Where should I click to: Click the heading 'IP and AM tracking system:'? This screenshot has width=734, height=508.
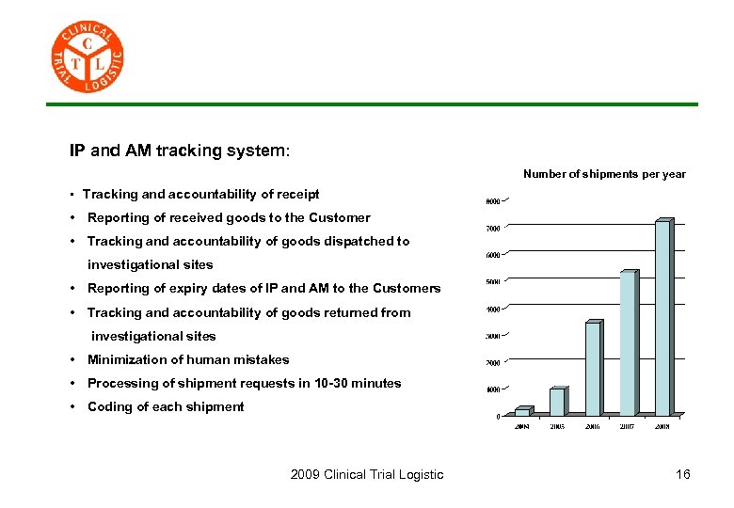point(180,151)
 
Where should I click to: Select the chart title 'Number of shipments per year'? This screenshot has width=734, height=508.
point(604,174)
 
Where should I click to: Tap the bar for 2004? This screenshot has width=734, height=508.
point(522,411)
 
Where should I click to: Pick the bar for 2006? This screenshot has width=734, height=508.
point(593,368)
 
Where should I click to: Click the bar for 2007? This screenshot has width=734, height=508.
point(628,342)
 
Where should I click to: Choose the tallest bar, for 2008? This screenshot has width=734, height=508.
point(662,318)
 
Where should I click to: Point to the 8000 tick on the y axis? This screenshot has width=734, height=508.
point(492,200)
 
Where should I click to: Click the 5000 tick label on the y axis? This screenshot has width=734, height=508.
point(492,281)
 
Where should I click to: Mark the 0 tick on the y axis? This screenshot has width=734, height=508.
point(498,416)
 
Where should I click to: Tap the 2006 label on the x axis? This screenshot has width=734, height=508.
point(592,426)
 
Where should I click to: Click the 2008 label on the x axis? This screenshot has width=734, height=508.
point(662,426)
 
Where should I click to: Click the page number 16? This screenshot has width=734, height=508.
point(682,474)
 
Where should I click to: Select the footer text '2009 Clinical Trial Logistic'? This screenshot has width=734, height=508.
point(367,474)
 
